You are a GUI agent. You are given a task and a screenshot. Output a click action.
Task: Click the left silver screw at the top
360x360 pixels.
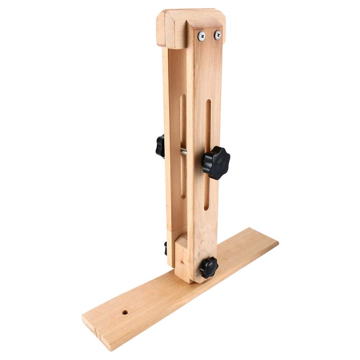(202, 35)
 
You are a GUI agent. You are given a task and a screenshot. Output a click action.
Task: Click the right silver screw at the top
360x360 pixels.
(217, 35)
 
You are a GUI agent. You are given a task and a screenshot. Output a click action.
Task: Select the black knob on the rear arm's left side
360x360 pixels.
(160, 146)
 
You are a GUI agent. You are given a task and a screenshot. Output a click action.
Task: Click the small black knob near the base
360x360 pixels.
(209, 267)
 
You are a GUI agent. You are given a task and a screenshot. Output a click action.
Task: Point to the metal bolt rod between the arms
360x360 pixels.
(184, 152)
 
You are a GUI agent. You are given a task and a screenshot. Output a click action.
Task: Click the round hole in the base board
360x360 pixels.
(125, 312)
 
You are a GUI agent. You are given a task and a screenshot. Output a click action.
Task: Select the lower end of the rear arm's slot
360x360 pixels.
(183, 196)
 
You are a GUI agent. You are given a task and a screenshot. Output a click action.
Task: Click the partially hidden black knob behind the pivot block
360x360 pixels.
(166, 248)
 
